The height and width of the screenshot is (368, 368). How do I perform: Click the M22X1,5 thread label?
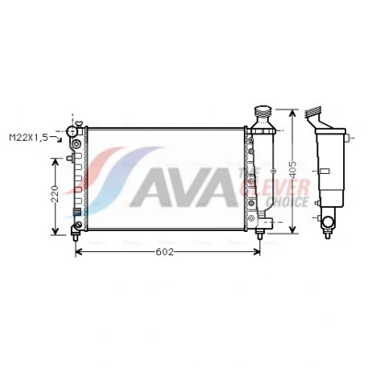click(29, 137)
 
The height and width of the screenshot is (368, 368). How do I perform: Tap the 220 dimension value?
click(55, 193)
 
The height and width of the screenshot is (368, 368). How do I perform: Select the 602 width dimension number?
click(165, 252)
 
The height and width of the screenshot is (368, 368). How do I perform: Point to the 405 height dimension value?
click(293, 169)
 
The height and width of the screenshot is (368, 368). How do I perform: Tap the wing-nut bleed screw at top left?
click(80, 124)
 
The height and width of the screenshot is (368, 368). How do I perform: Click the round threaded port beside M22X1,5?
click(72, 132)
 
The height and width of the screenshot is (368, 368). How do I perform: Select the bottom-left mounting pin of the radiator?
click(75, 237)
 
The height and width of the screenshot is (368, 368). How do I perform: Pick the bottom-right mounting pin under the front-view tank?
click(259, 235)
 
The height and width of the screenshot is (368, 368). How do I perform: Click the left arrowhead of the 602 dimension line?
click(78, 252)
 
